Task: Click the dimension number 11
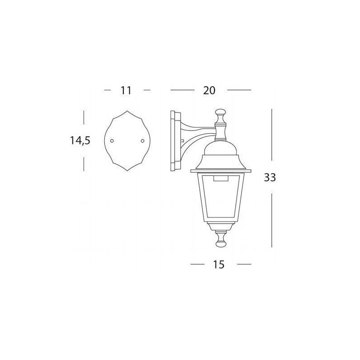click(126, 90)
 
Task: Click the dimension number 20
click(209, 90)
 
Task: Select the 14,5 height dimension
click(80, 140)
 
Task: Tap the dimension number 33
click(270, 177)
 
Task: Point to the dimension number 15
click(219, 265)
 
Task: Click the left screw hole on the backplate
click(112, 140)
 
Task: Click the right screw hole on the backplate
click(143, 140)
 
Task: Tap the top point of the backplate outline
click(127, 111)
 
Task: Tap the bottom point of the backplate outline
click(127, 171)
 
